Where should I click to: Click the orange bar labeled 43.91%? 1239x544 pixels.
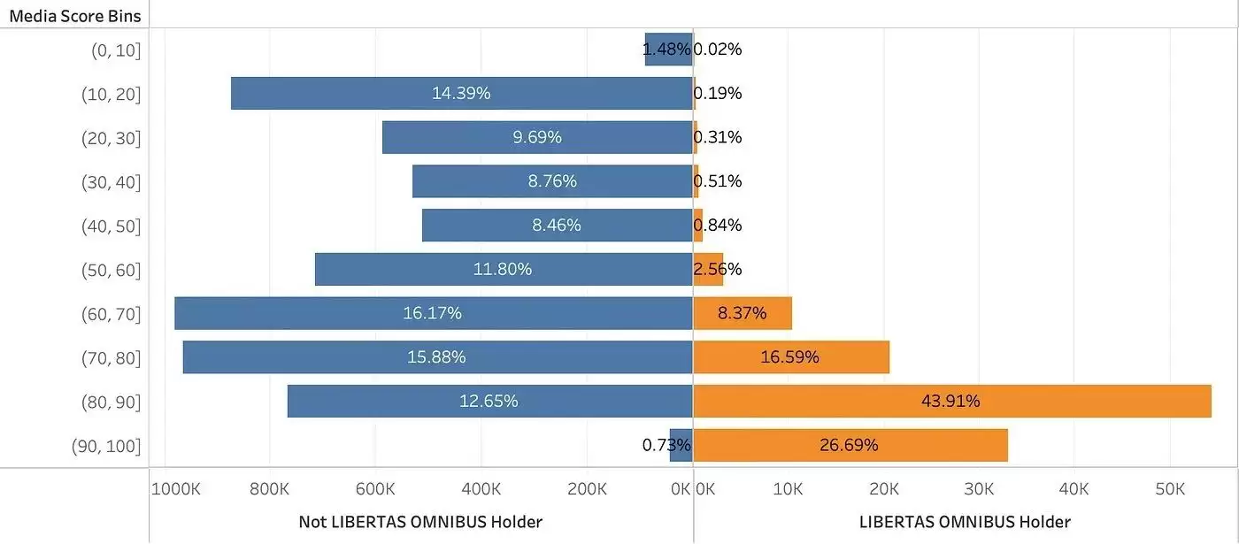(x=951, y=401)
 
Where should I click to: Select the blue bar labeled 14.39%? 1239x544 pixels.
(x=461, y=93)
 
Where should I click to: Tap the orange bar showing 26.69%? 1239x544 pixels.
(x=850, y=445)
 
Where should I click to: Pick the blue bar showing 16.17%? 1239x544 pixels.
(x=433, y=313)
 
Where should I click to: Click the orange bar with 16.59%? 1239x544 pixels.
(x=790, y=357)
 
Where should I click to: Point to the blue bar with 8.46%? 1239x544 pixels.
(x=557, y=225)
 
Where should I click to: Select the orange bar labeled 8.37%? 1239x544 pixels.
(x=742, y=313)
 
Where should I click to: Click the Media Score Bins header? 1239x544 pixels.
(x=74, y=16)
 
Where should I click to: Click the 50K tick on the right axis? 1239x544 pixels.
(x=1170, y=489)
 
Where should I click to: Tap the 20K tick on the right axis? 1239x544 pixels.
(x=883, y=489)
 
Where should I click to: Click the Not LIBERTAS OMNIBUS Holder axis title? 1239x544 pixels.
(x=420, y=521)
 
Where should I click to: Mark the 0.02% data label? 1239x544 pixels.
(x=719, y=50)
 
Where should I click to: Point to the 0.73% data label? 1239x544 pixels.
(x=666, y=445)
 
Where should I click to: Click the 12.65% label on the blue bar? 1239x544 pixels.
(x=489, y=401)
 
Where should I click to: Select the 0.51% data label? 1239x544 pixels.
(x=719, y=181)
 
